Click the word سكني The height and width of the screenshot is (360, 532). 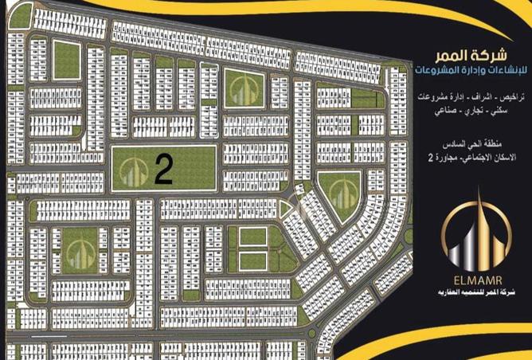(x=501, y=111)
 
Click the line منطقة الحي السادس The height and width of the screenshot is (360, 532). (x=473, y=146)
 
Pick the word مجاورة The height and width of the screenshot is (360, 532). (x=449, y=158)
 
